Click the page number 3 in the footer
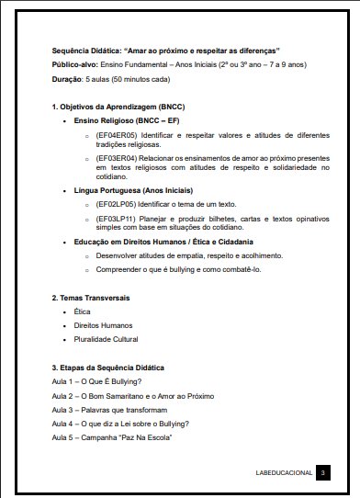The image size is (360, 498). click(x=323, y=472)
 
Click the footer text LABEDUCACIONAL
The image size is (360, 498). click(x=285, y=472)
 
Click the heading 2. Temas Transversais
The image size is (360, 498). click(x=90, y=298)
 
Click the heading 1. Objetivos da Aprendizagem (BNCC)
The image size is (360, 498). click(x=118, y=108)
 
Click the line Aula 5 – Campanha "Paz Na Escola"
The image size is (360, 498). click(x=112, y=436)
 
